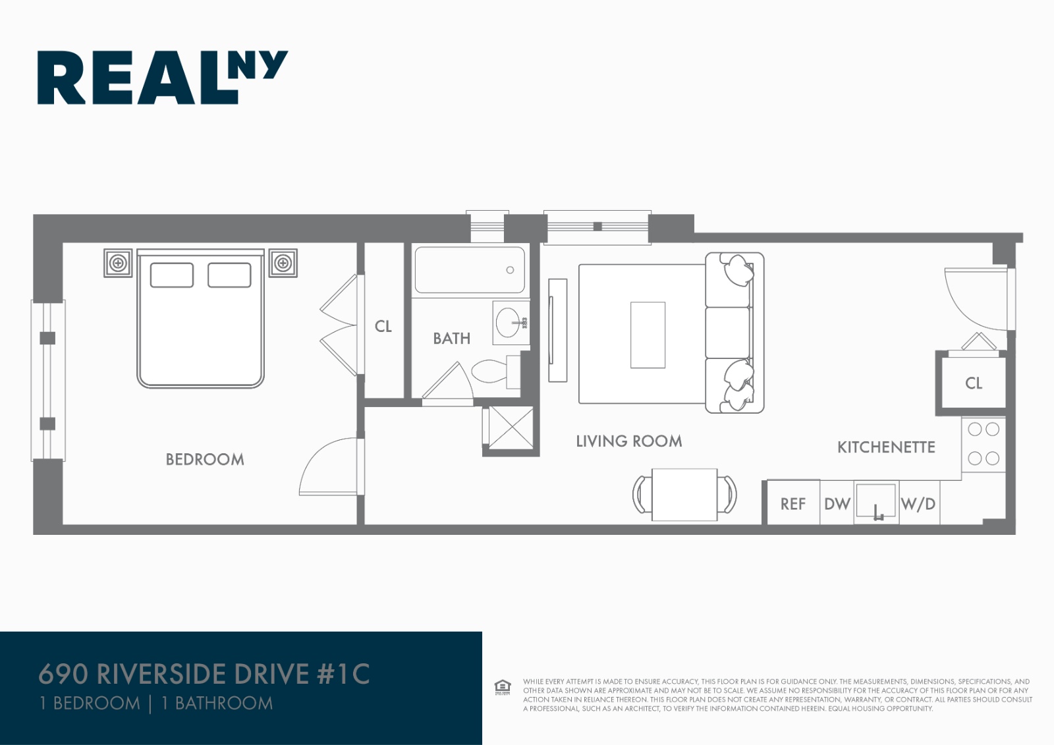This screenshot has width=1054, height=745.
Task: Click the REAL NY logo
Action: pyautogui.click(x=161, y=77)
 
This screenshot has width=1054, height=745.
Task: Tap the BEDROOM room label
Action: pyautogui.click(x=204, y=459)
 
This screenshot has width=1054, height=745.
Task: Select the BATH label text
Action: pyautogui.click(x=451, y=339)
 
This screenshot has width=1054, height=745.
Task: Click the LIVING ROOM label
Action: pyautogui.click(x=628, y=441)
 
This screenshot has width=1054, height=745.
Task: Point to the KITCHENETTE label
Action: pyautogui.click(x=885, y=447)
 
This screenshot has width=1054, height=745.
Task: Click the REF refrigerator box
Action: pyautogui.click(x=792, y=504)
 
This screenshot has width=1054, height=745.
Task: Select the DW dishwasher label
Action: pyautogui.click(x=837, y=504)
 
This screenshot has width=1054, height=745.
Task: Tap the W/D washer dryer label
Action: pyautogui.click(x=918, y=504)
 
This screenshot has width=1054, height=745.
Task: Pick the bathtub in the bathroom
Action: pyautogui.click(x=469, y=270)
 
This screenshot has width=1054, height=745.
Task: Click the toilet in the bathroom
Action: pyautogui.click(x=490, y=372)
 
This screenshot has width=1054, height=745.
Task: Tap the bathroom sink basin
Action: pyautogui.click(x=509, y=323)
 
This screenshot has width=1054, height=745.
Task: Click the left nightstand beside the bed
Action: pyautogui.click(x=118, y=263)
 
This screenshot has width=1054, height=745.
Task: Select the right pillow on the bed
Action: pyautogui.click(x=229, y=275)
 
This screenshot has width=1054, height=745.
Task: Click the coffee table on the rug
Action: pyautogui.click(x=648, y=335)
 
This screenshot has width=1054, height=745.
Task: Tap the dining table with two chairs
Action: pyautogui.click(x=684, y=494)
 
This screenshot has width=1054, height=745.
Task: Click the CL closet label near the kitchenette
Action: pyautogui.click(x=973, y=383)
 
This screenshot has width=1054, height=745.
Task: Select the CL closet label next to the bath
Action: pyautogui.click(x=383, y=326)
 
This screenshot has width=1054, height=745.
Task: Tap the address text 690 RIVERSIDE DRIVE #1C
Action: pyautogui.click(x=204, y=674)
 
